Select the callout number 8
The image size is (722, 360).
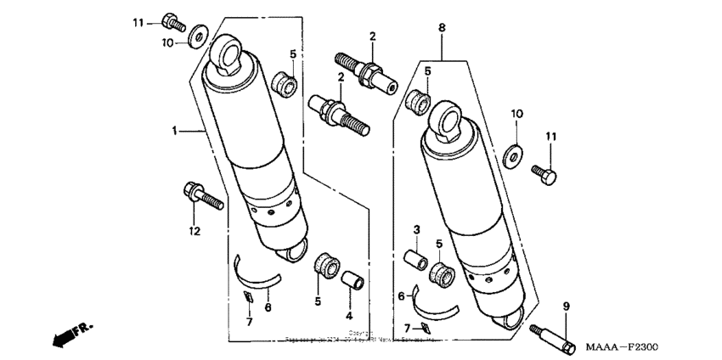pyautogui.click(x=442, y=28)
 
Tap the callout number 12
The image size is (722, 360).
pyautogui.click(x=194, y=230)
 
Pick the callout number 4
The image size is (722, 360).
pyautogui.click(x=349, y=314)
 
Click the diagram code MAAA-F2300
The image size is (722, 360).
pyautogui.click(x=623, y=347)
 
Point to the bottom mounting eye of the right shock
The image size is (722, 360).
pyautogui.click(x=513, y=318)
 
